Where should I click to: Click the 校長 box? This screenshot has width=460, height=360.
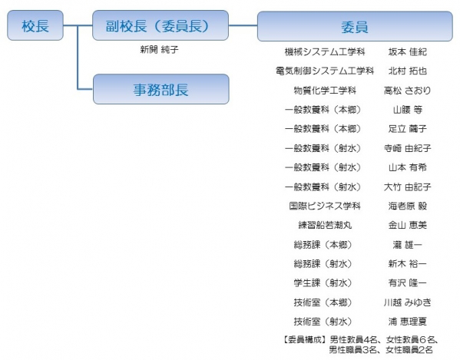(35, 25)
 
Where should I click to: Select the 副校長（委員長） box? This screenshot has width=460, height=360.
(161, 25)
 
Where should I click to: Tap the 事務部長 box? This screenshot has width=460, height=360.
(161, 89)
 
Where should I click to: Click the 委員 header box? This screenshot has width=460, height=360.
(355, 26)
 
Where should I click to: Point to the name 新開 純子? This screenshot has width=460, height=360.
(159, 50)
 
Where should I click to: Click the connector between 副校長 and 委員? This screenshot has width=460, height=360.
(243, 25)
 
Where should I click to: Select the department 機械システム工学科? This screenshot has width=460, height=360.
(325, 52)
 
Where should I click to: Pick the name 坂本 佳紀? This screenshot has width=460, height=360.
(408, 52)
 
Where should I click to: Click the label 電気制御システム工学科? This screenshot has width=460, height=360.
(325, 71)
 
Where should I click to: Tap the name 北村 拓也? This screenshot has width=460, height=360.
(408, 71)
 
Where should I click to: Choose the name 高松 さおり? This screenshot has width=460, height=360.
(408, 91)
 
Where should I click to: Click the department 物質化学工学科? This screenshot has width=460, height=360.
(325, 91)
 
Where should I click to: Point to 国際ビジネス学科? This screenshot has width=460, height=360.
(325, 206)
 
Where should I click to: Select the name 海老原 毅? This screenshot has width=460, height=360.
(408, 206)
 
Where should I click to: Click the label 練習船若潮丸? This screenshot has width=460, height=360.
(325, 225)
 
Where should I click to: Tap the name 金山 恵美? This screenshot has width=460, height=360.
(408, 225)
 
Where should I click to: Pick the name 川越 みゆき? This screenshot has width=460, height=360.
(408, 302)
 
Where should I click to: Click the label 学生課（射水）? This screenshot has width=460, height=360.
(323, 283)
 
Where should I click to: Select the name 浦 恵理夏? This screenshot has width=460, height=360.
(408, 322)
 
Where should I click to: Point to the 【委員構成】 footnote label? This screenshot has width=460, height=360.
(305, 340)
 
